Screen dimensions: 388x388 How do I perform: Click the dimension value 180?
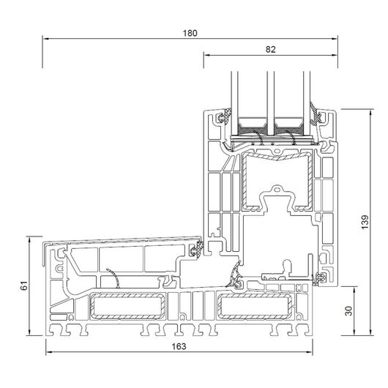coord(190,33)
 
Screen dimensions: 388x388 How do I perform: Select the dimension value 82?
coord(270,50)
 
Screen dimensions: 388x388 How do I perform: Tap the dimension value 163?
coord(179,346)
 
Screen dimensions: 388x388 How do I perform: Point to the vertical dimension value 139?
coord(365,222)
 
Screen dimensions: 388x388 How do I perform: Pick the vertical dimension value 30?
coord(348,311)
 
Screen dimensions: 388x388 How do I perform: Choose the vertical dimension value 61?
coord(24,286)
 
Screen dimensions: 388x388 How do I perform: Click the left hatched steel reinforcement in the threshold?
coord(127,306)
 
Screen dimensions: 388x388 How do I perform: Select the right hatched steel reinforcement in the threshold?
coord(255,306)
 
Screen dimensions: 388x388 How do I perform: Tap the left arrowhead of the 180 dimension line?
coord(45,39)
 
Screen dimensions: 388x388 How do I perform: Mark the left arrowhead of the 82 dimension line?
coord(207,55)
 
